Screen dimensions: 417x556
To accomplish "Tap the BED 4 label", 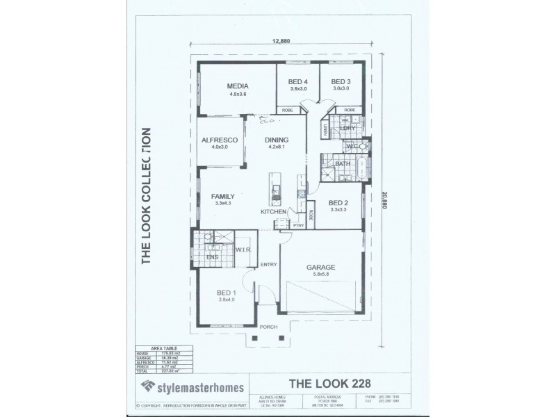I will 298,81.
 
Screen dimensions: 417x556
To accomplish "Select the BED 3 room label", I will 341,81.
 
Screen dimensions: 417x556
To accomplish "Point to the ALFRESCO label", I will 220,140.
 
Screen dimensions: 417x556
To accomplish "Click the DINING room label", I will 277,140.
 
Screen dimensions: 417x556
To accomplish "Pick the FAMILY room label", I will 223,197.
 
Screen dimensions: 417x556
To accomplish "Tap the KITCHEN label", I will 272,211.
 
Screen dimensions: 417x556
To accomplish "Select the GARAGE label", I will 321,267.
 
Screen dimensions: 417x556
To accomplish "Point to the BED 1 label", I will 227,293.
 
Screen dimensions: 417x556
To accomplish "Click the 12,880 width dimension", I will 281,40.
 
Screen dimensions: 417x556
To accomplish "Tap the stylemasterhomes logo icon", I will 147,386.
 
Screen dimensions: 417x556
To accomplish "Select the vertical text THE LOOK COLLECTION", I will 147,196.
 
